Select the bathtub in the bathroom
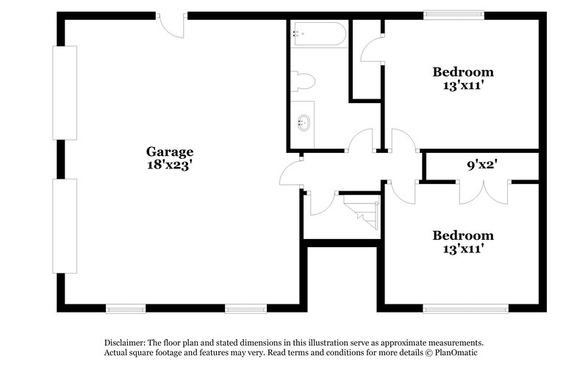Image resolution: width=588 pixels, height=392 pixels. tap(319, 35)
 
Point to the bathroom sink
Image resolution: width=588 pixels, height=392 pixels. tap(303, 121)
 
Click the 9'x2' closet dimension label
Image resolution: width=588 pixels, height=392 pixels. tap(483, 165)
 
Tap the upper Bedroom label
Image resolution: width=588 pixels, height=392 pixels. tap(462, 72)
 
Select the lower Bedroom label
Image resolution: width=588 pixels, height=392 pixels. tap(462, 235)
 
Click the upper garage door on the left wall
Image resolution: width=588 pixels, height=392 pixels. tap(65, 93)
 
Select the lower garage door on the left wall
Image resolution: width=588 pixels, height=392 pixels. tap(65, 226)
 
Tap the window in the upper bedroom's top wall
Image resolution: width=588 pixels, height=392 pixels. tap(453, 14)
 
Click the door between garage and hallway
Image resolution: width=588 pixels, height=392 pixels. tap(291, 174)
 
